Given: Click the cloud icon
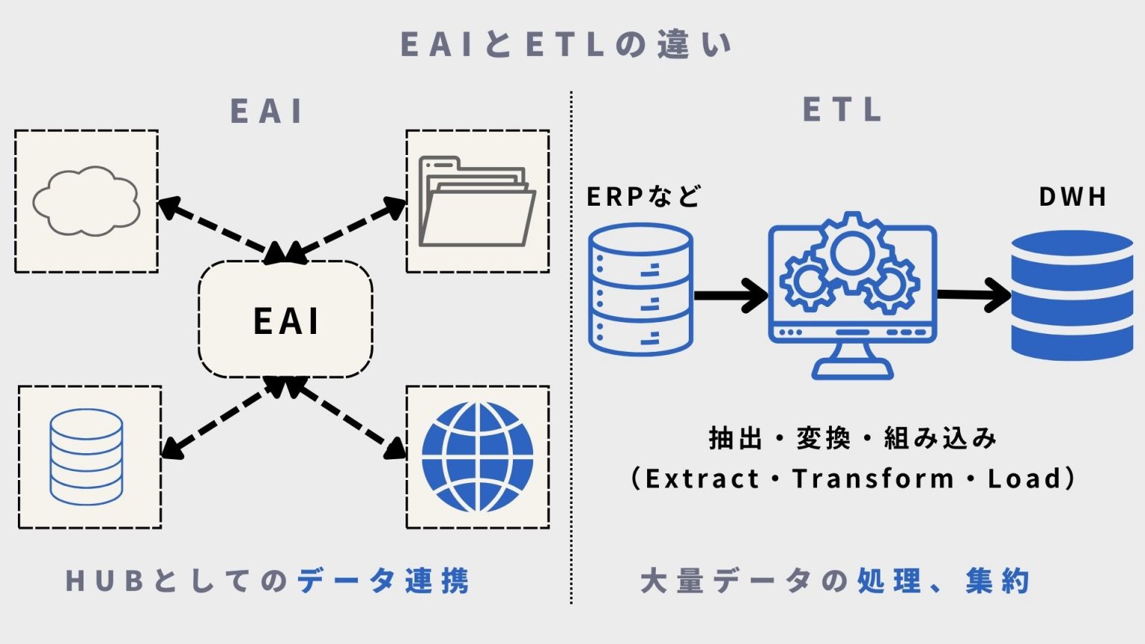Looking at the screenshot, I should (86, 201).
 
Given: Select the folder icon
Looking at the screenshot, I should (477, 201).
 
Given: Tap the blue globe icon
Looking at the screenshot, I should (477, 457).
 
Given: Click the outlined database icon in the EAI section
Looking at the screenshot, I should (86, 457).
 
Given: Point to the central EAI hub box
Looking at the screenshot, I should (286, 320).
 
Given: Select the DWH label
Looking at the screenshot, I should (1073, 197).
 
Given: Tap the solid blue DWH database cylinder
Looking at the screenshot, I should (1072, 295).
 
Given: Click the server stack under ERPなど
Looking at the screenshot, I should (640, 290).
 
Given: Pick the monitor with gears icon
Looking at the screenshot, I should (852, 294).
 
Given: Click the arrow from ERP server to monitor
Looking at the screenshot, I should (730, 295).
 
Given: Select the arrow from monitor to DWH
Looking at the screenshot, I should (973, 295).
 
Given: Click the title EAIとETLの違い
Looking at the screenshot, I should (567, 45).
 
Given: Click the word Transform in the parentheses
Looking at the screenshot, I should (873, 479).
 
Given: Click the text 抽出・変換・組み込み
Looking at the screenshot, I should (852, 438).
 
